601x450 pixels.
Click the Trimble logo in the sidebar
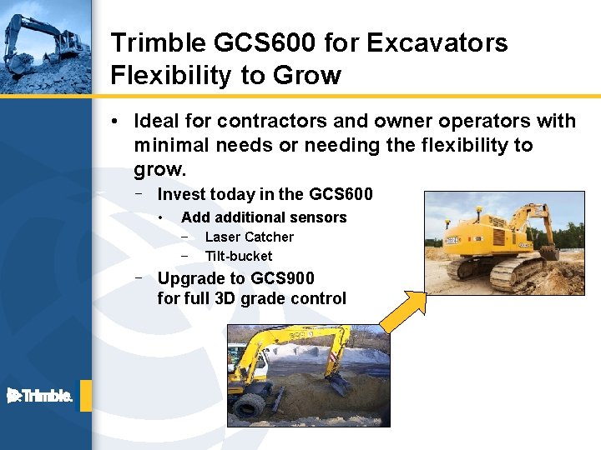(x=40, y=396)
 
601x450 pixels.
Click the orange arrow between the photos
(x=402, y=307)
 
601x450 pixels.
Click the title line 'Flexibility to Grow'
(x=225, y=75)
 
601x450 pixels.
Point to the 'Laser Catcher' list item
(x=249, y=237)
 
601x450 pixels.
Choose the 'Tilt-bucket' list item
(x=238, y=256)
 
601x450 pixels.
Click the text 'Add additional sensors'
(x=263, y=217)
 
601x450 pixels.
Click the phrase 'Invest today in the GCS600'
(x=265, y=194)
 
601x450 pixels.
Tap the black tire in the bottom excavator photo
(x=250, y=407)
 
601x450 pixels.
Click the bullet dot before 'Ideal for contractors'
(x=114, y=122)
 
